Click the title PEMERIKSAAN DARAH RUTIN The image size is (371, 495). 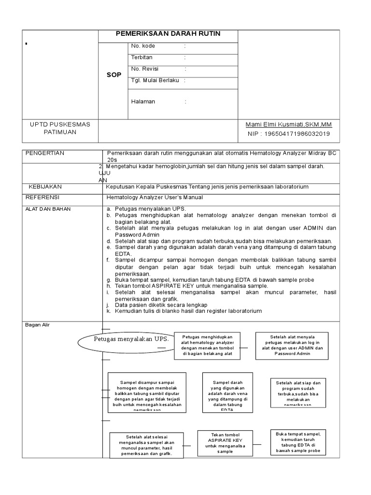[168, 33]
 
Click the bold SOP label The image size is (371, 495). [114, 75]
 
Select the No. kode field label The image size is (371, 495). [143, 46]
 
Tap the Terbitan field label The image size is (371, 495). [142, 58]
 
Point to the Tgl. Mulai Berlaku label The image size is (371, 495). [155, 80]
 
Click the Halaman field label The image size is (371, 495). [143, 102]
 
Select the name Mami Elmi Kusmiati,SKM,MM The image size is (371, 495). [288, 124]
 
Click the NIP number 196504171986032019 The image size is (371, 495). [289, 133]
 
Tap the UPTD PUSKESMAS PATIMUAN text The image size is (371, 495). [60, 128]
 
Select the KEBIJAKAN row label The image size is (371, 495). [45, 186]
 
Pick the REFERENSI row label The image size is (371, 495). [44, 197]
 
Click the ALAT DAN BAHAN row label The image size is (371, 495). [48, 209]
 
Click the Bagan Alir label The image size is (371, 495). [37, 325]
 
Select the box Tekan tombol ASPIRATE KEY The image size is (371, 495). [225, 443]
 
